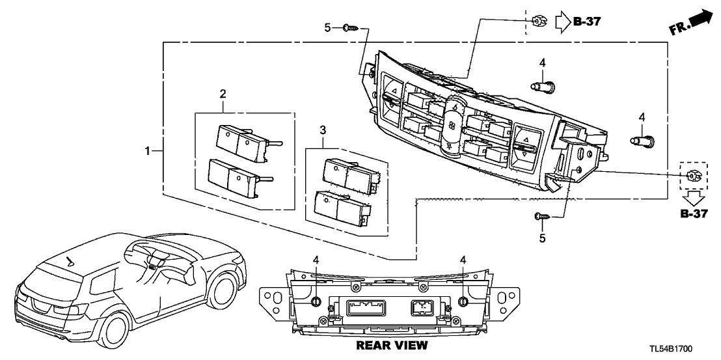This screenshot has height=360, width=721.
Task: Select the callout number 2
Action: [x=223, y=94]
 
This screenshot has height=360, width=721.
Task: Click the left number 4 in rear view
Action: [x=316, y=260]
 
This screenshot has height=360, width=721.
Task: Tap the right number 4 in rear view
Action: [x=463, y=260]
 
